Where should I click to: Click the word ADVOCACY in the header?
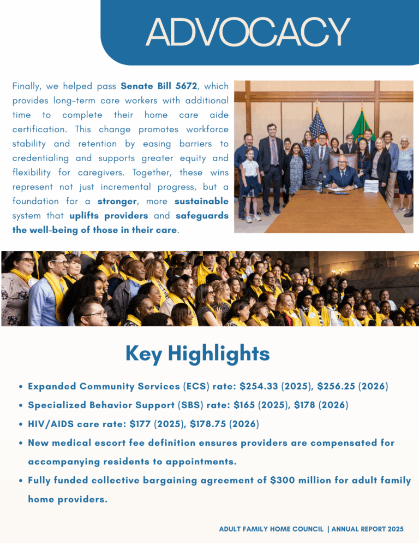click(x=248, y=32)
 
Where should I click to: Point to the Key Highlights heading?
click(x=197, y=354)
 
